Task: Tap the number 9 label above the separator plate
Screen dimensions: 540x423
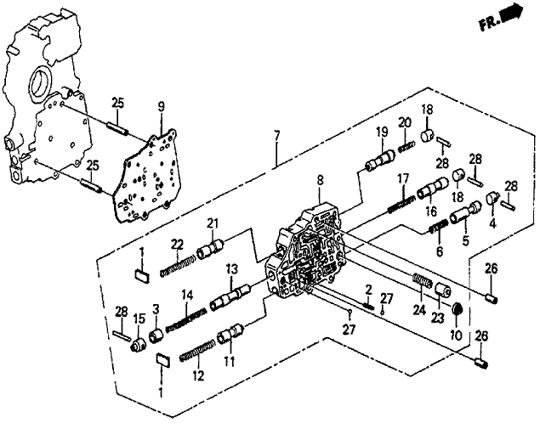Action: pyautogui.click(x=162, y=107)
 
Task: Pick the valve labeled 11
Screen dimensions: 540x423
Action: pyautogui.click(x=230, y=332)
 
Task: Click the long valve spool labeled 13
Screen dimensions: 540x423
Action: pyautogui.click(x=230, y=296)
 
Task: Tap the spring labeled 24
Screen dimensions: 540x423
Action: pyautogui.click(x=422, y=280)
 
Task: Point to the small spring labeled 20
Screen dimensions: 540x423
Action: pyautogui.click(x=406, y=147)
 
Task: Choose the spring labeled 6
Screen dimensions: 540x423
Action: pyautogui.click(x=439, y=228)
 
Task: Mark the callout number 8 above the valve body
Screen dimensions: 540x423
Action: pyautogui.click(x=321, y=181)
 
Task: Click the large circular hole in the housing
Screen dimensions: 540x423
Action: pyautogui.click(x=41, y=82)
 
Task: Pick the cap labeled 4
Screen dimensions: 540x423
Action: pyautogui.click(x=493, y=198)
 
